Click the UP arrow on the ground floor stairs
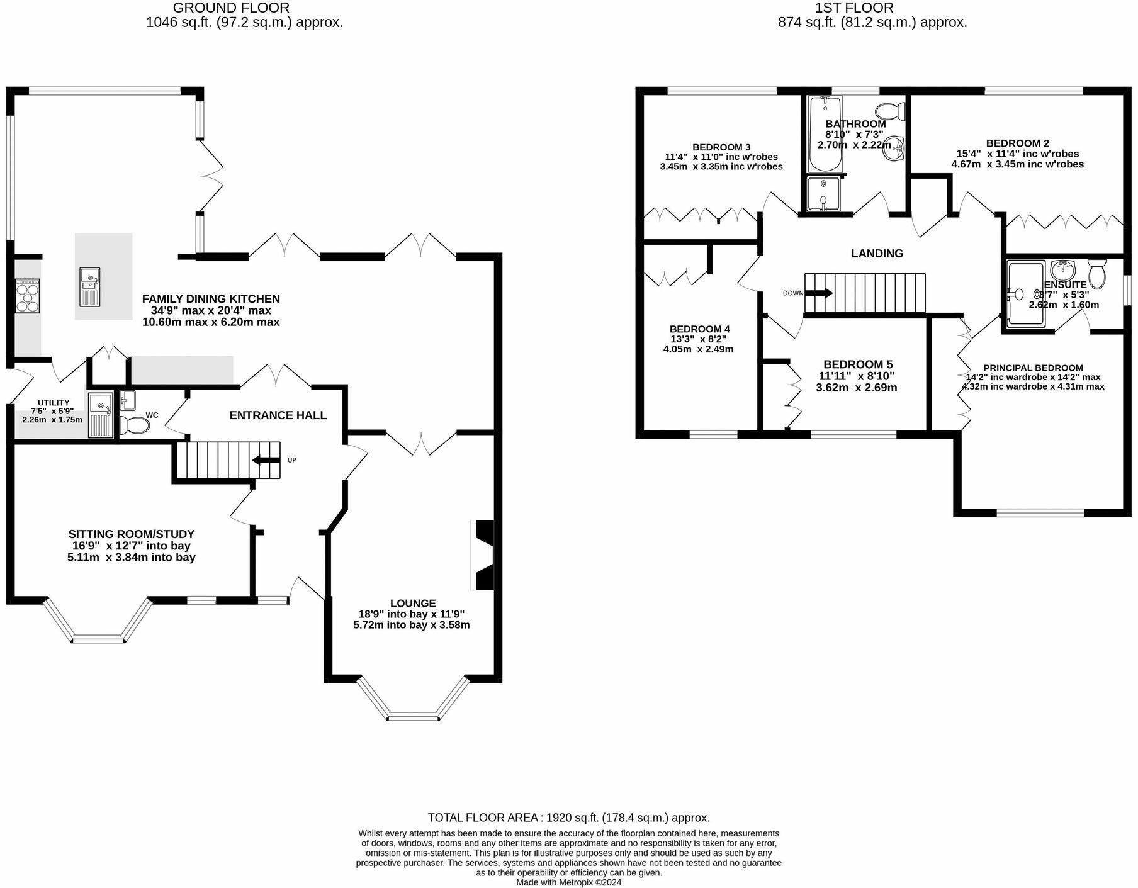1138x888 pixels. [267, 460]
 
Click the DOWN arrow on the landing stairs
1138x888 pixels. [819, 293]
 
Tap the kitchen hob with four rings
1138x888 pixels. [28, 296]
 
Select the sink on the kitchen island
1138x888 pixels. [90, 286]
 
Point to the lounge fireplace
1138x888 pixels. [482, 555]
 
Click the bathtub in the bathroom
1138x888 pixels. [825, 134]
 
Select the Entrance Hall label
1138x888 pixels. [278, 415]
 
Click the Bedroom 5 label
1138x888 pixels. [858, 364]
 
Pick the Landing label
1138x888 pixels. [877, 253]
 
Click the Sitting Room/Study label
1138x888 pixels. [132, 534]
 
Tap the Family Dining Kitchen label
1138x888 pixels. [211, 299]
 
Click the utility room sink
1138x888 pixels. [101, 415]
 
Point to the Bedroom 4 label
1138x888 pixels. [700, 329]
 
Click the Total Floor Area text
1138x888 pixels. [569, 818]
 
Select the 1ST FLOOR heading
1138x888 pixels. [854, 8]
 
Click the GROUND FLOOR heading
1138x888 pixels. [231, 8]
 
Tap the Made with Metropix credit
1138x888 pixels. [569, 882]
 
